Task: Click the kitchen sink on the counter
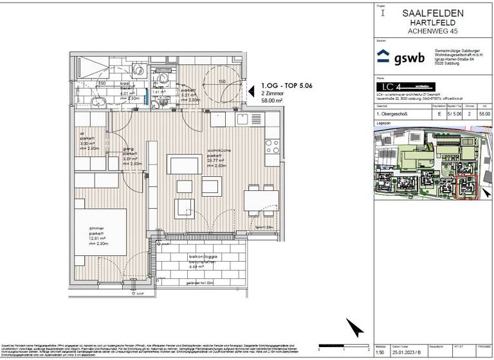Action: click(x=242, y=120)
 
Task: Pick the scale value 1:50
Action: click(x=380, y=350)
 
